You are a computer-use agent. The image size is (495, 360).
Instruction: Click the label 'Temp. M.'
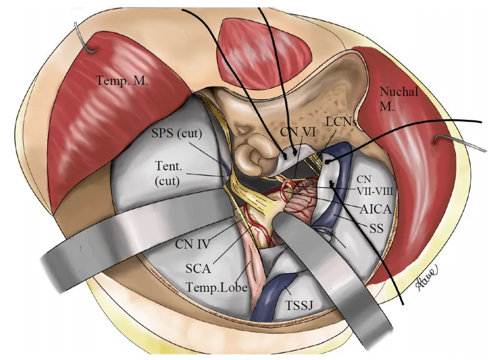(123, 81)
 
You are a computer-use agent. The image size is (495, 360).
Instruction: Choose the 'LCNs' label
(341, 123)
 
